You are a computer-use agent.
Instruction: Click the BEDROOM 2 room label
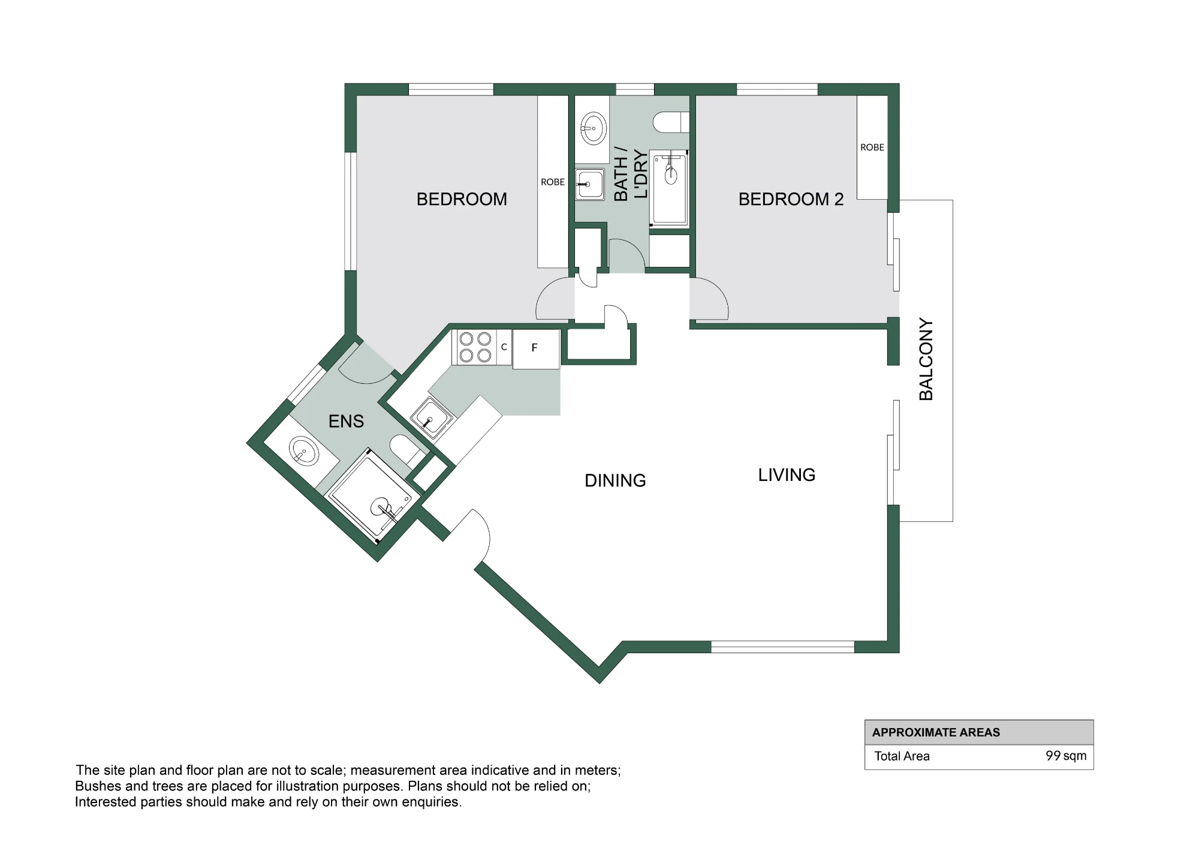(791, 199)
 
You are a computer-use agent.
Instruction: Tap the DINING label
(615, 480)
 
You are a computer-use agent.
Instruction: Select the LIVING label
(787, 475)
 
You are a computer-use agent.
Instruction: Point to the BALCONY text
(926, 359)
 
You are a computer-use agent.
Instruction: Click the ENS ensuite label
(346, 421)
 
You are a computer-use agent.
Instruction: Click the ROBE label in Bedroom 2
(872, 148)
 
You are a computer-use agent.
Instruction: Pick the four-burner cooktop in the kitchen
(475, 347)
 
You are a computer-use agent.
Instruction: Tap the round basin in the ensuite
(304, 451)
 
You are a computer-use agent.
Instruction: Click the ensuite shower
(373, 495)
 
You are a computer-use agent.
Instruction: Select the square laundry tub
(590, 185)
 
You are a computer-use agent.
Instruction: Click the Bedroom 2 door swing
(709, 299)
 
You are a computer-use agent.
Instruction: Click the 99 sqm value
(1066, 756)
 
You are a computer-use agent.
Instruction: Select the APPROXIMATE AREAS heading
(936, 732)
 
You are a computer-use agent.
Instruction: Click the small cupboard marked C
(504, 347)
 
